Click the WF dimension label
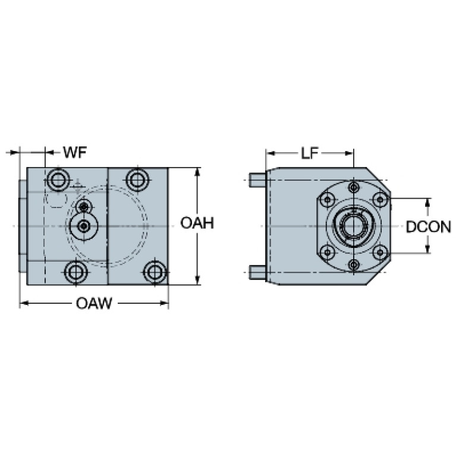(75, 152)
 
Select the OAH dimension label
(197, 223)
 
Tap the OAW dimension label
(94, 303)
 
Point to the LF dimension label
(310, 153)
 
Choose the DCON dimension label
(429, 227)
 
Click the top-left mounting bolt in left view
(58, 180)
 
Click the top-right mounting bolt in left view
(137, 180)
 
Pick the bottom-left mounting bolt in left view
(76, 272)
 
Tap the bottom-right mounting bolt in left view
(155, 272)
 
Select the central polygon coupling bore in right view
(353, 226)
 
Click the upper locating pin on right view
(257, 180)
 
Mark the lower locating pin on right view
(257, 272)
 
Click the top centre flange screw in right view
(354, 187)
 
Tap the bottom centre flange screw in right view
(354, 265)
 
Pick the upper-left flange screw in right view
(328, 200)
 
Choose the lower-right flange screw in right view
(380, 252)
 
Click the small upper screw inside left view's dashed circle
(84, 207)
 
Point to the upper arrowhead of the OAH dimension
(198, 172)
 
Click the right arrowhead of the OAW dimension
(165, 303)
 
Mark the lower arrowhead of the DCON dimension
(427, 249)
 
